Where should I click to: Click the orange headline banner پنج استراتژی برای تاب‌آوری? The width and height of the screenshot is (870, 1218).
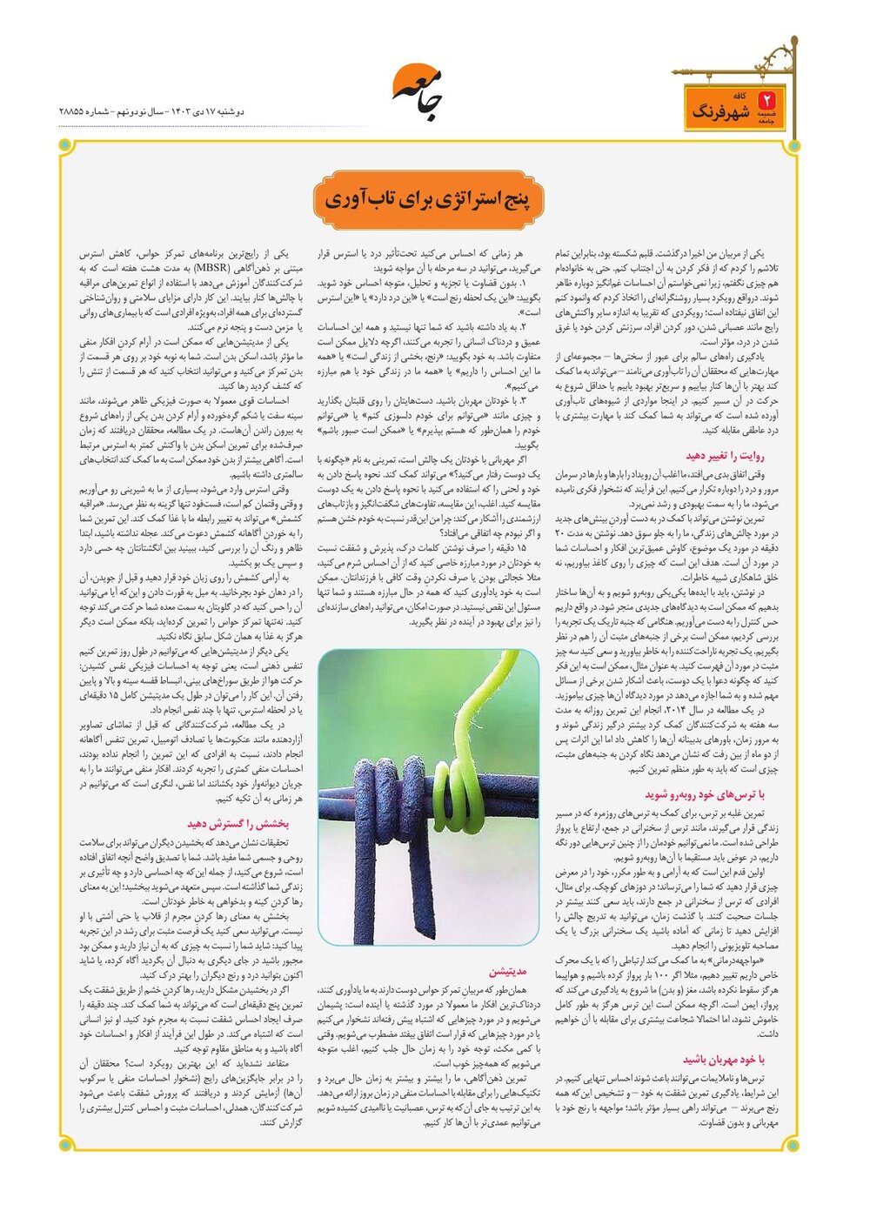432,200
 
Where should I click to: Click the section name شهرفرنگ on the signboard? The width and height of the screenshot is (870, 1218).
721,111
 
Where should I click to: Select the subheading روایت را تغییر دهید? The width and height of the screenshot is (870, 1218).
725,455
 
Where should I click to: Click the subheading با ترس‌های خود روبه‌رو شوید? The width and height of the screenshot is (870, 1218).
705,793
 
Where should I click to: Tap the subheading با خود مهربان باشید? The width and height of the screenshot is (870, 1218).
724,1059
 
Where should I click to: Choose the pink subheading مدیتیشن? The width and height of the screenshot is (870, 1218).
508,971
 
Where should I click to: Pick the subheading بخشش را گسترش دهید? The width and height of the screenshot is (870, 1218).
238,822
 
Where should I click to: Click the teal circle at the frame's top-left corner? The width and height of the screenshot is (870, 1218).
64,145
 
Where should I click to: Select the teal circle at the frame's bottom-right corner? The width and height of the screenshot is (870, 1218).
793,1145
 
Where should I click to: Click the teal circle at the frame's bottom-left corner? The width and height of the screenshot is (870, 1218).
64,1145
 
